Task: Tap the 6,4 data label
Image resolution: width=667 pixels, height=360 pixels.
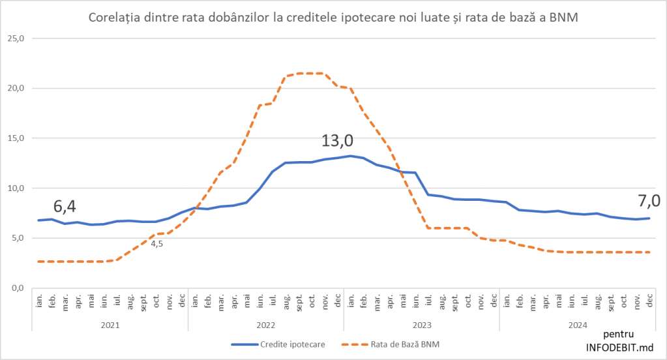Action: tap(65, 207)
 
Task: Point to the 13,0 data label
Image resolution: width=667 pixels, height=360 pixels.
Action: tap(337, 141)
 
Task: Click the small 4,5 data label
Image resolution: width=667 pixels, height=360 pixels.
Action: tap(156, 244)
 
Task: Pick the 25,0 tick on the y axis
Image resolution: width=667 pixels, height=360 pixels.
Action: tap(15, 38)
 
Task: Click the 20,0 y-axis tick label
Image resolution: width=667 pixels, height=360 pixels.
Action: tap(15, 89)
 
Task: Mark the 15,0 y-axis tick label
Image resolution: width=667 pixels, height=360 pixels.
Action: tap(15, 138)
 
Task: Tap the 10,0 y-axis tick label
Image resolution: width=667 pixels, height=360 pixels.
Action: tap(15, 188)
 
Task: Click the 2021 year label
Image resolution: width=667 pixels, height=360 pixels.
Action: tap(110, 325)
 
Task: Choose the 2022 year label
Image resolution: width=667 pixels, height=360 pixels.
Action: tap(266, 325)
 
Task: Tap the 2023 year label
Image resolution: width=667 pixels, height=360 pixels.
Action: tap(422, 325)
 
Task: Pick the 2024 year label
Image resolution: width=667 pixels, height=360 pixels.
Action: tap(577, 325)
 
